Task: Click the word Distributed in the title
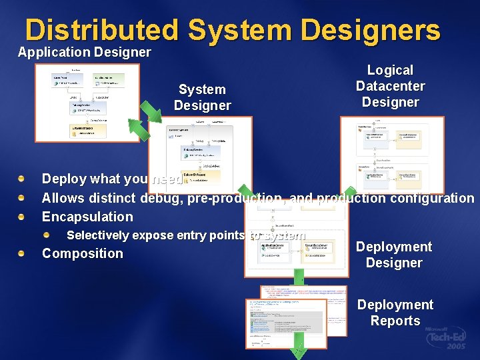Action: [x=102, y=31]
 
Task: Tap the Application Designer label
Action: [x=84, y=52]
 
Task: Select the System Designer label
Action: [x=202, y=97]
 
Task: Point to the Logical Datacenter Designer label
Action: [x=390, y=86]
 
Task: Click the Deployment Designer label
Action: [x=393, y=255]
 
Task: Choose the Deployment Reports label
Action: [x=395, y=313]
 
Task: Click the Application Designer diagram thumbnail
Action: [x=87, y=102]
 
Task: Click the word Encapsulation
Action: [x=87, y=217]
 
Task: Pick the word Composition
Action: [x=83, y=253]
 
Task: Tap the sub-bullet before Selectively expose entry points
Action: [x=47, y=235]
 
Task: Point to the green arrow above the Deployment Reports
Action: [x=299, y=277]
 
